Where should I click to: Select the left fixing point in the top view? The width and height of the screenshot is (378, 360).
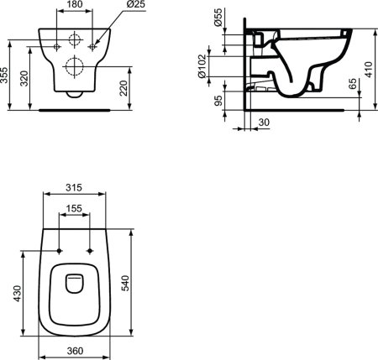pyautogui.click(x=60, y=250)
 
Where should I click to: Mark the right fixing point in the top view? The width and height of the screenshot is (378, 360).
pyautogui.click(x=90, y=250)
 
